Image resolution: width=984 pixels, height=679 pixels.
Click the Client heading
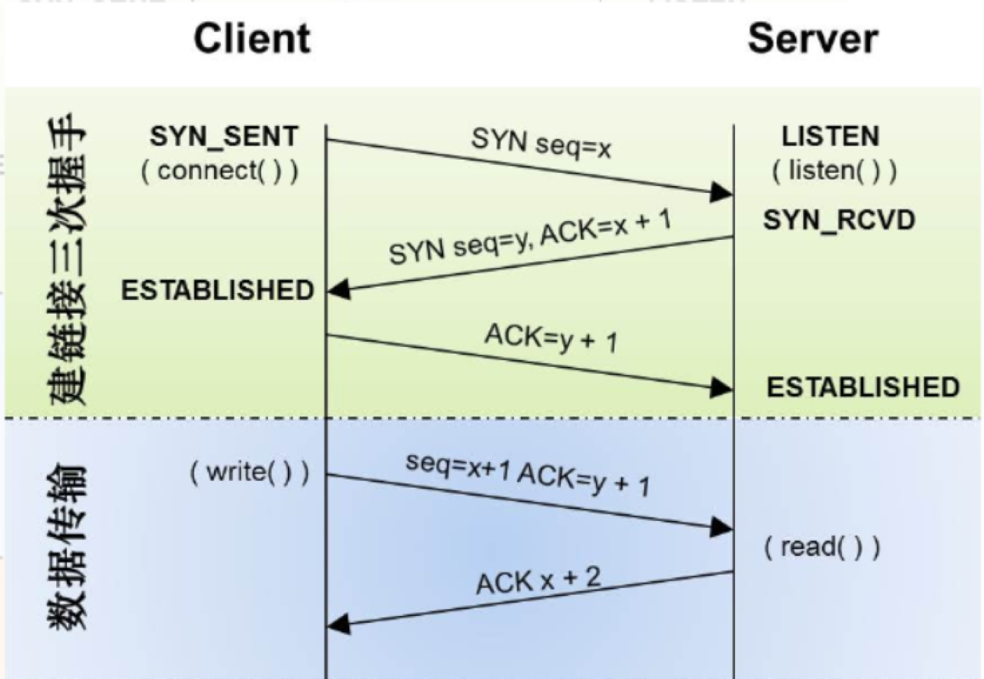pos(252,39)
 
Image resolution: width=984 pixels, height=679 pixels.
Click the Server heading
pos(812,39)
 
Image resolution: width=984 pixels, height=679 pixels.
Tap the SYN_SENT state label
pos(224,136)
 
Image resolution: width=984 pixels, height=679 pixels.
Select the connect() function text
pos(219,171)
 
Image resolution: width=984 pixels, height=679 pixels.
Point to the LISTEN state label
pos(831,136)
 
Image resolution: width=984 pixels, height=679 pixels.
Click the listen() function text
pos(834,171)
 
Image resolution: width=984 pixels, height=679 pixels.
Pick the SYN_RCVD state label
pos(839,219)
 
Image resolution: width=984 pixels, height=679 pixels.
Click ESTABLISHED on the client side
pos(217,290)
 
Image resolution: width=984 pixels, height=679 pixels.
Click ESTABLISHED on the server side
pos(863,387)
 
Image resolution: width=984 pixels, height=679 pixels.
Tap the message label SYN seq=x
pos(541,144)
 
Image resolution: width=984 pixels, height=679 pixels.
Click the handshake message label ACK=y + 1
pos(551,338)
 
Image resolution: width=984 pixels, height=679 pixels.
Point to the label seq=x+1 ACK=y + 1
pos(528,475)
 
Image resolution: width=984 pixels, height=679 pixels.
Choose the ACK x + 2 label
pos(538,581)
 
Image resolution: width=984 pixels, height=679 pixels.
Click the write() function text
pos(250,473)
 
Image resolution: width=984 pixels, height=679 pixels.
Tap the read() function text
pos(822,548)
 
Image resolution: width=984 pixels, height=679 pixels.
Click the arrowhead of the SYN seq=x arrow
pos(721,193)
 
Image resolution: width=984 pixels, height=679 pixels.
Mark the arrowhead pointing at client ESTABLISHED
pos(339,290)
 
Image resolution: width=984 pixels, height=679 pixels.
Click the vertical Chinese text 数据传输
pos(66,547)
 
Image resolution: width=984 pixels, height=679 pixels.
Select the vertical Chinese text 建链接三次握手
pos(66,259)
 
